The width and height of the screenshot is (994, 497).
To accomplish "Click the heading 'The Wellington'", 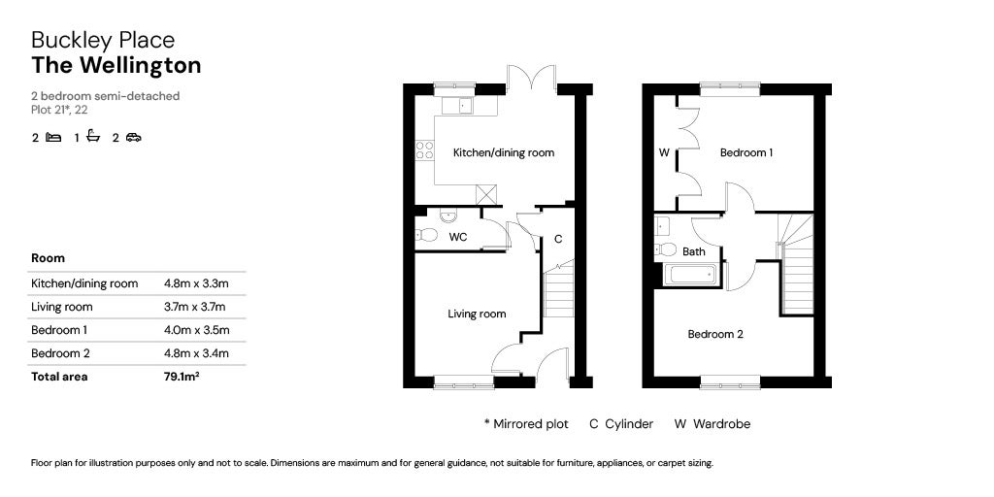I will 116,66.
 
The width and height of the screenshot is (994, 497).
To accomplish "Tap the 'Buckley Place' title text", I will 103,40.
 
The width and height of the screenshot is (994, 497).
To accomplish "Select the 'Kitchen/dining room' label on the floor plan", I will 504,153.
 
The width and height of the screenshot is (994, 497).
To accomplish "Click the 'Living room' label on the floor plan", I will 477,314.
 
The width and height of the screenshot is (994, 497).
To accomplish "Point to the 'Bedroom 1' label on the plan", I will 745,153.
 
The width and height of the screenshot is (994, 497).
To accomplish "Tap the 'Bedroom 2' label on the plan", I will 715,335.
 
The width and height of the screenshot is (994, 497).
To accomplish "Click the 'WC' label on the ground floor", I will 457,237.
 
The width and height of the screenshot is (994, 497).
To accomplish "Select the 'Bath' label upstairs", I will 694,251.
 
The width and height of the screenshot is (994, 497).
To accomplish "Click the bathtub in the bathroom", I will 690,275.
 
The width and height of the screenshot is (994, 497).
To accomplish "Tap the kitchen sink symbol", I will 455,105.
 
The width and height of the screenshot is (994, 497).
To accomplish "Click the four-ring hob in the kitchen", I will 424,150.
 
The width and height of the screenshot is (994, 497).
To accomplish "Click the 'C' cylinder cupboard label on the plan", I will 558,239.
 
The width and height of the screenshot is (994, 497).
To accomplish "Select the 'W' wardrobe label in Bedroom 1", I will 664,153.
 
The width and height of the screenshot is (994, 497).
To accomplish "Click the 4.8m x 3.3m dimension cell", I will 196,284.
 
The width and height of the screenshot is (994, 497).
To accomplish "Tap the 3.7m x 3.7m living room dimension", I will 196,308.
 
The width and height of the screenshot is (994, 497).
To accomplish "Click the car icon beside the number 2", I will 133,138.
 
